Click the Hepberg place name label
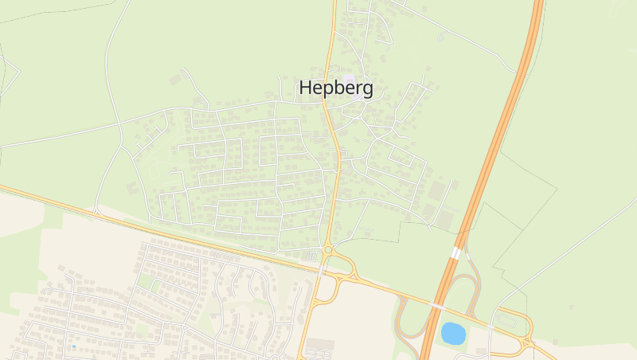[335, 88]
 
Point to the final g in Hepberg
[366, 91]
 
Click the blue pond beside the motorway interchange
[453, 333]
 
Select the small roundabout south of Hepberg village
[328, 251]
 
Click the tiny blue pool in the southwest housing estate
[74, 346]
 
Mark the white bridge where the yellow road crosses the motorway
[437, 306]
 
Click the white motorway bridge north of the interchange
[456, 252]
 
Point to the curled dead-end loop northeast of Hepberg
[440, 36]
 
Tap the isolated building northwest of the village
[175, 80]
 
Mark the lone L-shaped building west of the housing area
[132, 188]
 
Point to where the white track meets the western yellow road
[96, 213]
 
